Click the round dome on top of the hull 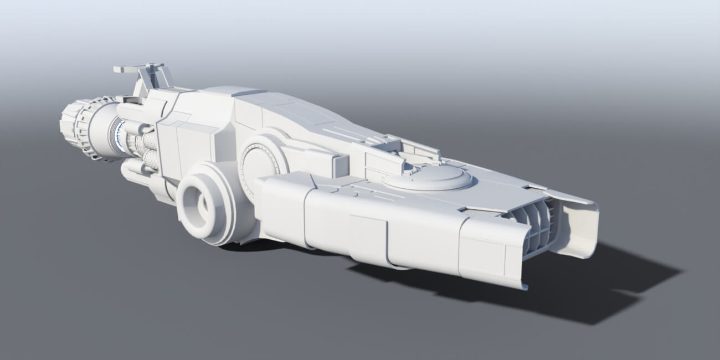tap(427, 177)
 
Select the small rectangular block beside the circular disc tap(339, 165)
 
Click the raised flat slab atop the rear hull tap(233, 91)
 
